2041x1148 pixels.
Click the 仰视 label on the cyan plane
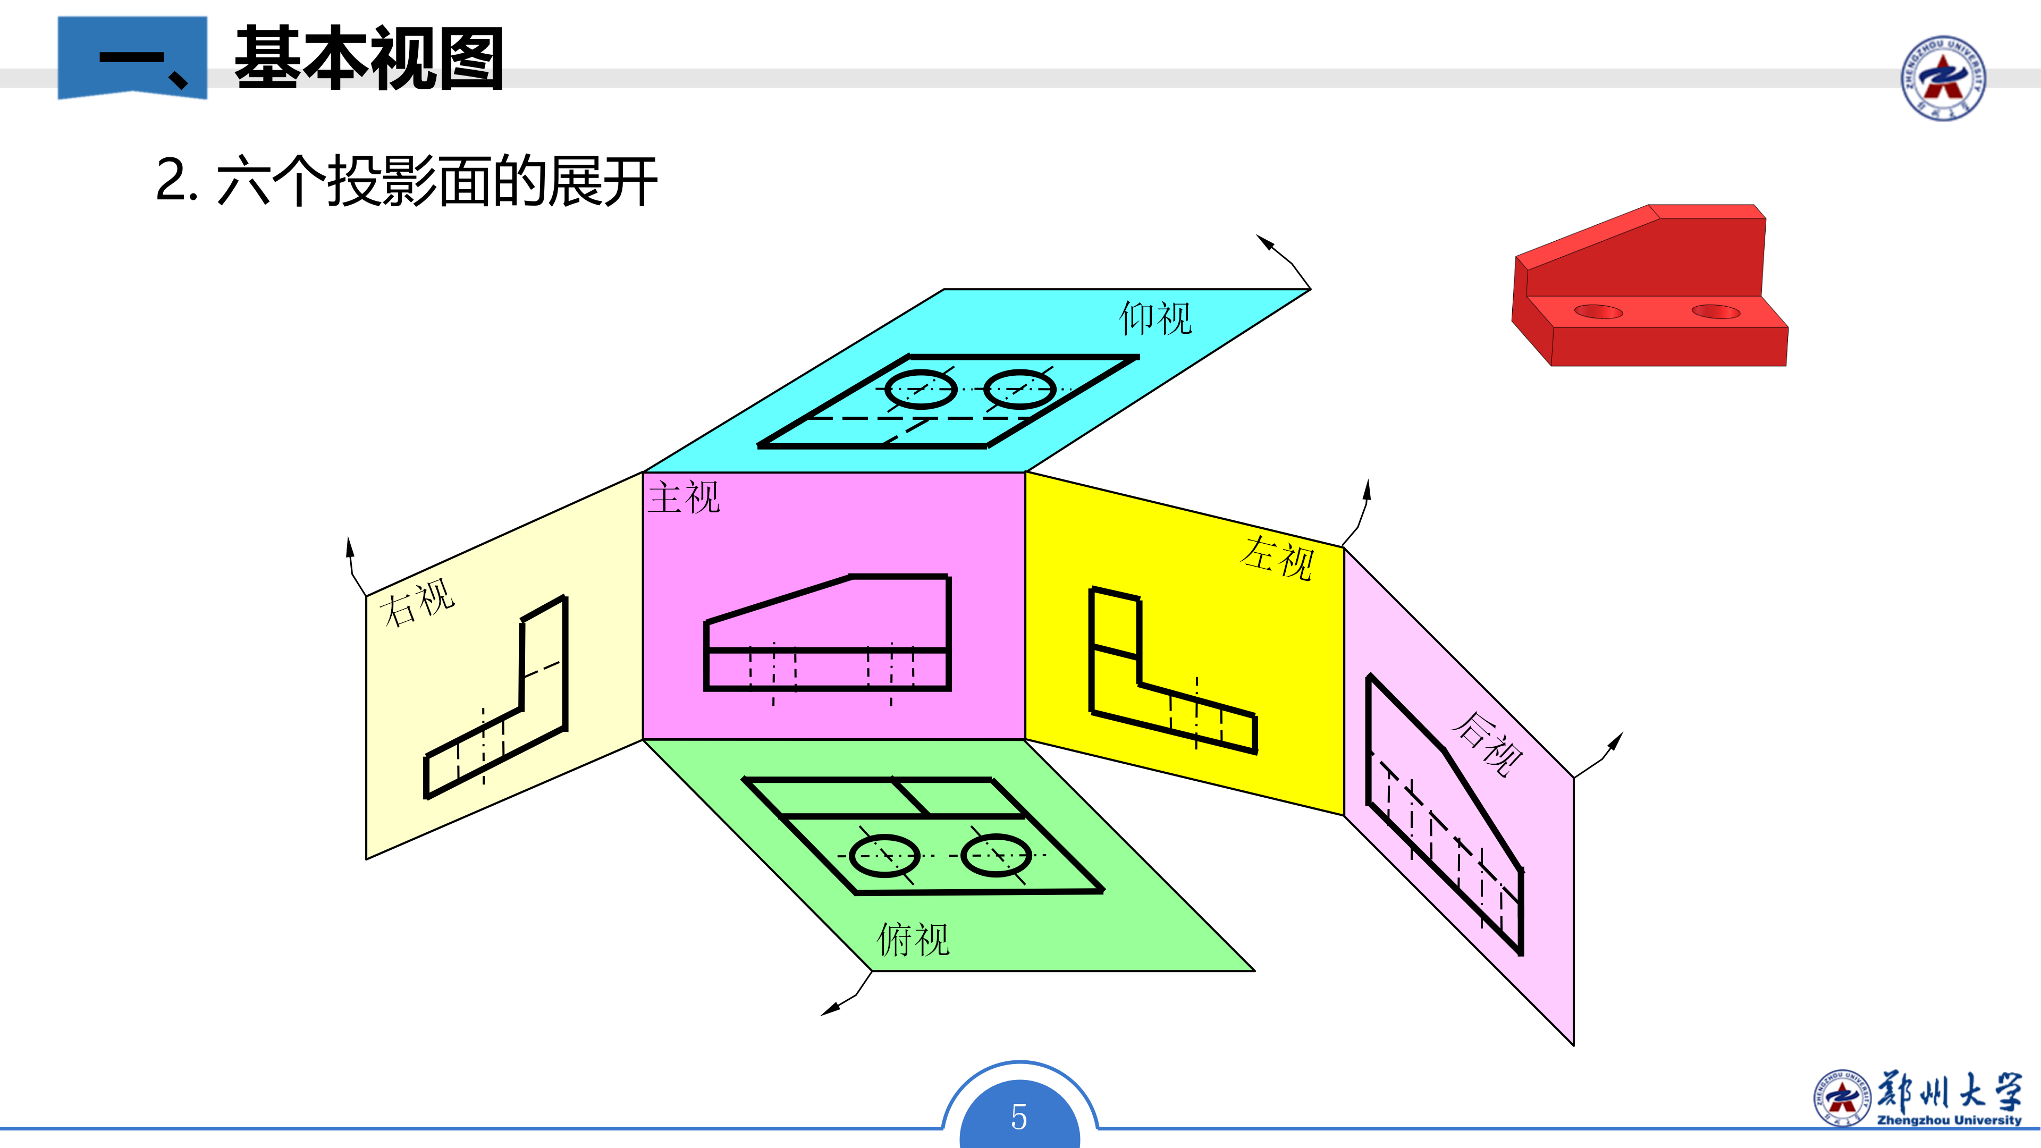click(1154, 318)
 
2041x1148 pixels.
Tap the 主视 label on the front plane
click(684, 497)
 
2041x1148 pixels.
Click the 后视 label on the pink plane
click(1487, 742)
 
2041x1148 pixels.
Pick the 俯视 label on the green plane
click(913, 940)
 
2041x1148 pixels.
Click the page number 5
click(1019, 1117)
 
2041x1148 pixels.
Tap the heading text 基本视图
click(369, 58)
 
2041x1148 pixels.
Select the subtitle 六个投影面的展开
click(436, 181)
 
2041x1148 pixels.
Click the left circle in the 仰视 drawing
click(921, 390)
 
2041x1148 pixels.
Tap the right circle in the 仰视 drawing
click(1020, 389)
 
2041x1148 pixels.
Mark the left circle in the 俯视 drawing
click(884, 856)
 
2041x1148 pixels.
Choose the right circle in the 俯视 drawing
click(996, 856)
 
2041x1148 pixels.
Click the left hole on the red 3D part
click(1598, 311)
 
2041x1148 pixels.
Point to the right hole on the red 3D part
click(1715, 311)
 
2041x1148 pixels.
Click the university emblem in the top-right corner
click(1943, 78)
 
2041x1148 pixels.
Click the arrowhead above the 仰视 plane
click(1266, 242)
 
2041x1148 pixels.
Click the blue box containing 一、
click(132, 58)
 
